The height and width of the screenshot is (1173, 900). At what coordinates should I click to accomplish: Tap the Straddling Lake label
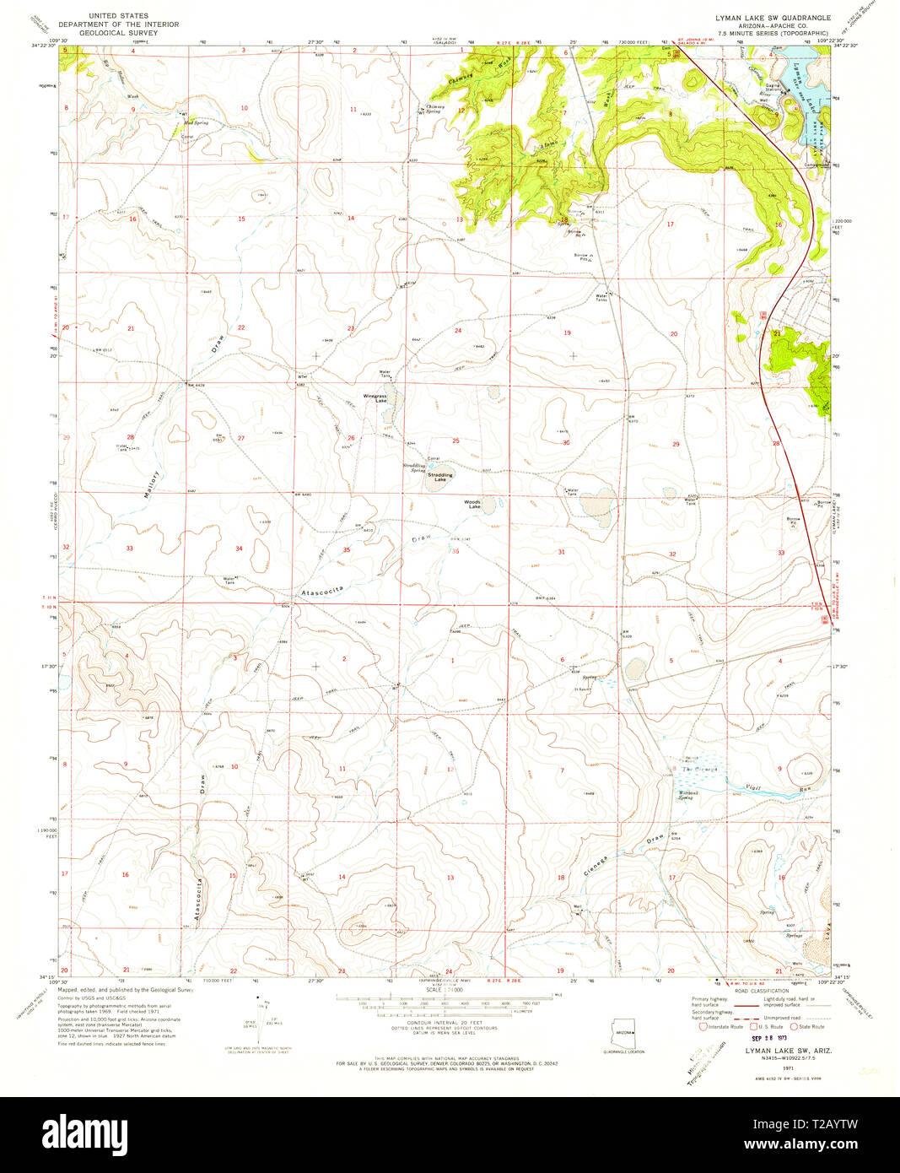tap(439, 476)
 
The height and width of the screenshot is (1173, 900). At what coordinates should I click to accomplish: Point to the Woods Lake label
tap(473, 505)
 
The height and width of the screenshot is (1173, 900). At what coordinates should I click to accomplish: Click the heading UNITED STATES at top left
tap(118, 16)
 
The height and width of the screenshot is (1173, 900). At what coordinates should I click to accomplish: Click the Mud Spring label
tap(196, 123)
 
